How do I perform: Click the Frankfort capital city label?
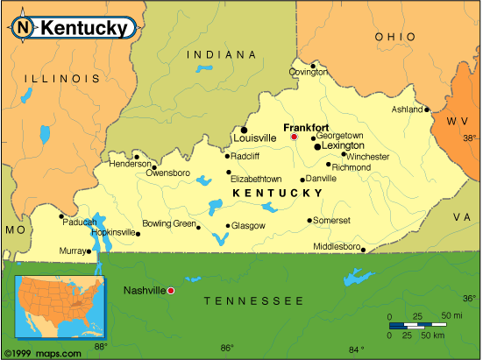306,127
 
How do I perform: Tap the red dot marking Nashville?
170,290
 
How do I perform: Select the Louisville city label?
254,138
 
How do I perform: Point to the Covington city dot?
313,65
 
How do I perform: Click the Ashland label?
408,109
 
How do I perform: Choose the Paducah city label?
80,222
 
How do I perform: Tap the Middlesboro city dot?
363,249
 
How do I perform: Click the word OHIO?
394,37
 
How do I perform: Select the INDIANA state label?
214,54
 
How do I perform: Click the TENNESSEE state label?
253,300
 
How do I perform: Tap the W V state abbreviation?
458,120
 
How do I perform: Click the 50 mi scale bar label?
452,315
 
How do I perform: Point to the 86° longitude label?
227,349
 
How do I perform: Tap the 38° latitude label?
471,138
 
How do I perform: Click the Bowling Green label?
169,223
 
